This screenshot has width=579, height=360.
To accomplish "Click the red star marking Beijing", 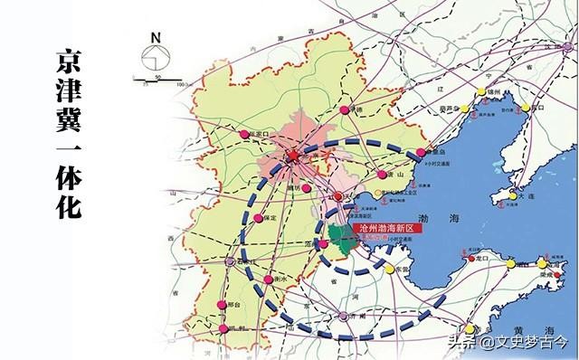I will [x=292, y=156].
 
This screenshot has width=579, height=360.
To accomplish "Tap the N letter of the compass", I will [x=155, y=38].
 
